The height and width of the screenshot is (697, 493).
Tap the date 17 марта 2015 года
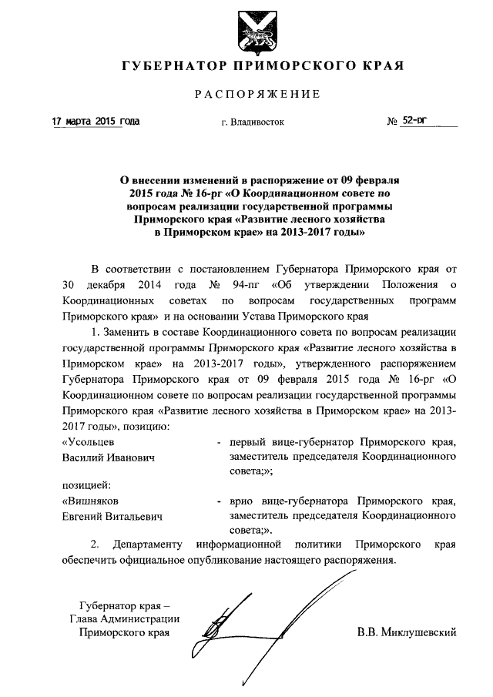[x=96, y=122]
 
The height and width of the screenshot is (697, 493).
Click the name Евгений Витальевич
[x=112, y=516]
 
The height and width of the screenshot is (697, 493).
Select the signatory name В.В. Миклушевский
[x=407, y=633]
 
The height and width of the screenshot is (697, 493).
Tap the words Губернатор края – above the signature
[x=123, y=604]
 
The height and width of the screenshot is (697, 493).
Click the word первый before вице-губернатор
[x=251, y=442]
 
